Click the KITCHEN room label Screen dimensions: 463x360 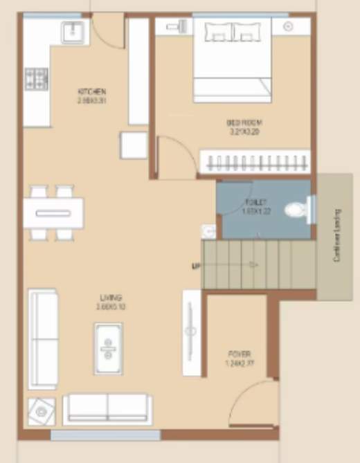[92, 91]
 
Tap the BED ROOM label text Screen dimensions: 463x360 [244, 122]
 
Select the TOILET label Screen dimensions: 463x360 [253, 201]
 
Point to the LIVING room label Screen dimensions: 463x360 [111, 298]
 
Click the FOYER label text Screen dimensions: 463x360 [236, 352]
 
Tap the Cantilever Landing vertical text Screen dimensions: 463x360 [336, 235]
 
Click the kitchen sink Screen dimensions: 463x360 [73, 31]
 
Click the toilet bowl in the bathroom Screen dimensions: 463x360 [300, 208]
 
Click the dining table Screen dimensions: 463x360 [53, 212]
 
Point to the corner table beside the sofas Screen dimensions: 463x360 [42, 412]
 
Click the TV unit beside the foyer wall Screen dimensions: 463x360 [191, 333]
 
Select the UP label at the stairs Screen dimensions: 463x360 [195, 265]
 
